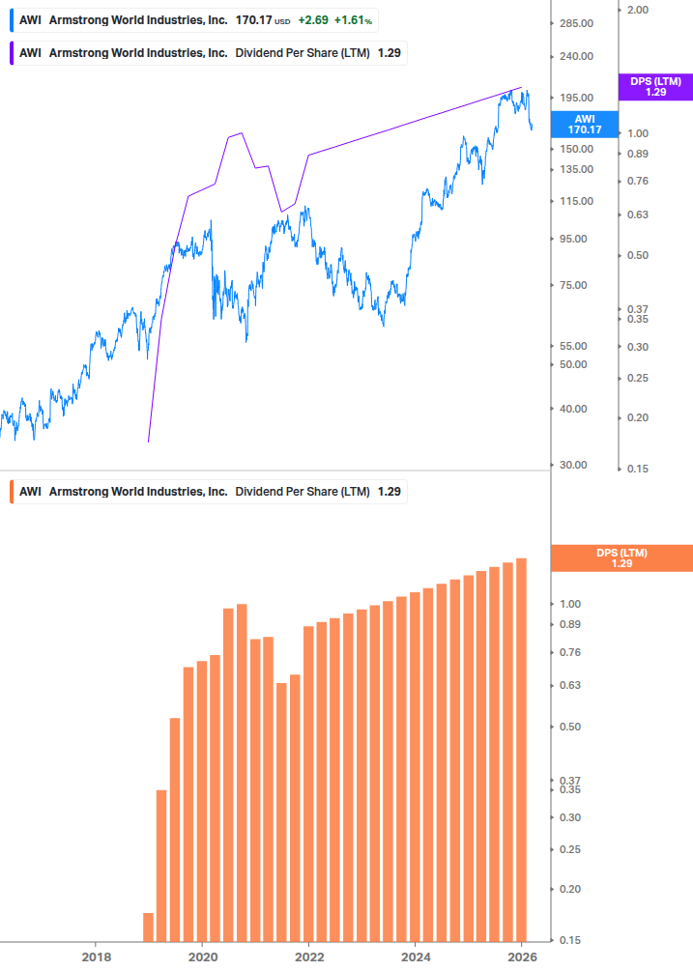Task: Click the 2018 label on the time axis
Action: click(96, 957)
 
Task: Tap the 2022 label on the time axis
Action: click(308, 957)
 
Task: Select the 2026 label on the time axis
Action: click(521, 957)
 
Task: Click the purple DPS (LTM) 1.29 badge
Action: click(655, 87)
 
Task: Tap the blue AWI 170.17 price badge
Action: click(584, 124)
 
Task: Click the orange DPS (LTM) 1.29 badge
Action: click(621, 558)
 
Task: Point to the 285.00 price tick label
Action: click(575, 23)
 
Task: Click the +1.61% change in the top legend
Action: click(355, 20)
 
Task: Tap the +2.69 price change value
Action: click(312, 20)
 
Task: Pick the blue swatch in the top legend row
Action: click(11, 20)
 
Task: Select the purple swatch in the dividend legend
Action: click(11, 53)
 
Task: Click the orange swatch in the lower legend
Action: click(11, 492)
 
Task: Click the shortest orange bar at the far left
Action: click(148, 927)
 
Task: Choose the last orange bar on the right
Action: click(521, 750)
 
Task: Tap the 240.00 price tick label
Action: click(575, 56)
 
